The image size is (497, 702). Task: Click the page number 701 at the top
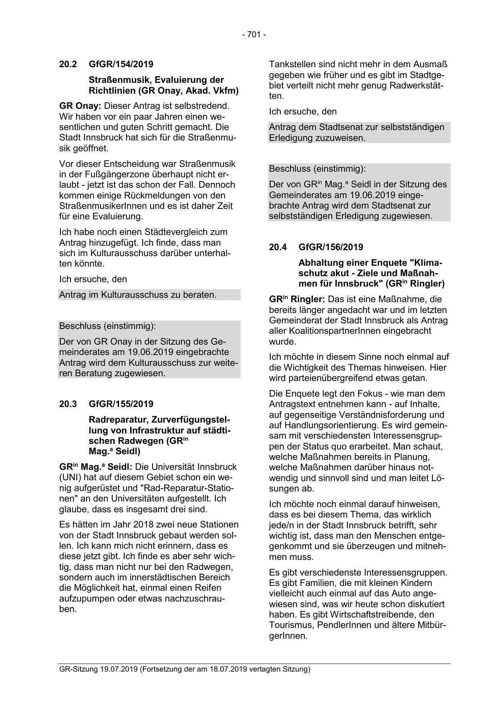[254, 35]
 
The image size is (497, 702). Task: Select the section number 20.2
[68, 64]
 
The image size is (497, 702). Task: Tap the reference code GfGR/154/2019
[121, 64]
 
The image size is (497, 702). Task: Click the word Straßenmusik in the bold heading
[119, 80]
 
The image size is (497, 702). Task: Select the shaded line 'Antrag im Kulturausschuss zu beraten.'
[138, 295]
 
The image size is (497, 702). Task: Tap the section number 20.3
[68, 404]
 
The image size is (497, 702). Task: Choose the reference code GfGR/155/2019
[121, 404]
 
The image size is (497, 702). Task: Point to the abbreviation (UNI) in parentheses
[71, 478]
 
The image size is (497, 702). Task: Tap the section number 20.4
[278, 247]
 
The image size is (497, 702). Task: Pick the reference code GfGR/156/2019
[331, 247]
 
